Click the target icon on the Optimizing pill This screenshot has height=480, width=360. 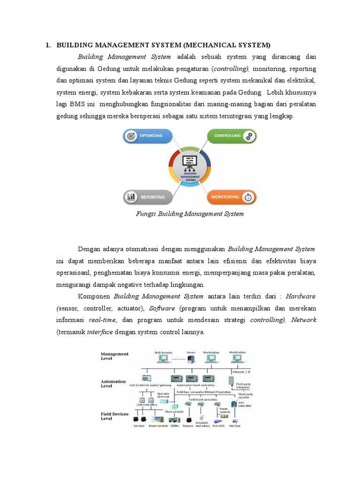[x=131, y=136]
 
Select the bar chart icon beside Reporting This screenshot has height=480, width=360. [x=131, y=197]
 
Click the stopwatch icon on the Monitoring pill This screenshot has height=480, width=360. [x=249, y=197]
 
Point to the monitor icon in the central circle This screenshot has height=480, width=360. [x=190, y=161]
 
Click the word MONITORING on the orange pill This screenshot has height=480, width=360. [x=225, y=197]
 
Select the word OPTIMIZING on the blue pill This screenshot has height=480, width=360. [x=152, y=136]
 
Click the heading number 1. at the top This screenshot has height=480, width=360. [x=48, y=45]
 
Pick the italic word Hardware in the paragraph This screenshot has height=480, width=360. [x=300, y=296]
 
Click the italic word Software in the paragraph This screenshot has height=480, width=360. [x=162, y=308]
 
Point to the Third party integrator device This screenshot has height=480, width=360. [x=231, y=380]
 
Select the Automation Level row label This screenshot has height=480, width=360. [x=113, y=383]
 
